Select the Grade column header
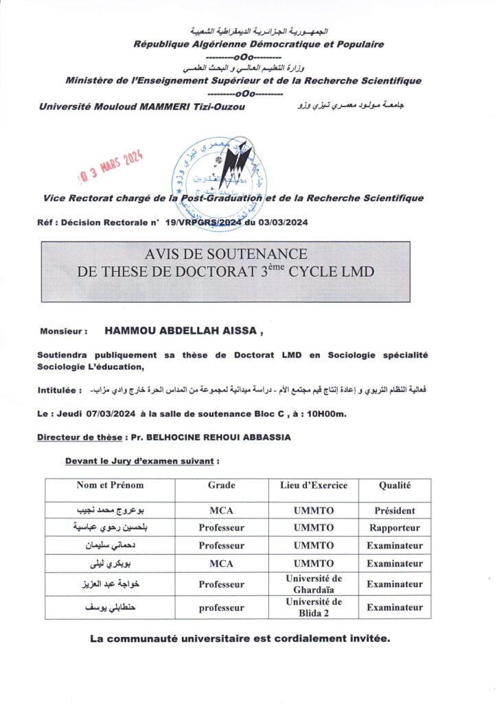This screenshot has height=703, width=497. click(x=221, y=485)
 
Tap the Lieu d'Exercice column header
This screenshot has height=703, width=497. click(x=313, y=485)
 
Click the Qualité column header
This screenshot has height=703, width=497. click(x=395, y=485)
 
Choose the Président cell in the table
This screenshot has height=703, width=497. click(x=395, y=511)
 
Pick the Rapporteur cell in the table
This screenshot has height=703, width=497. click(x=395, y=529)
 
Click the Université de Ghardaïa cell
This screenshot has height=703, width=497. click(x=313, y=585)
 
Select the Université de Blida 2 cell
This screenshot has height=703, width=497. click(x=313, y=608)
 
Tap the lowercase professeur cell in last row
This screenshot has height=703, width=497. click(x=221, y=608)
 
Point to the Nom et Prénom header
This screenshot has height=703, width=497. click(x=110, y=485)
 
